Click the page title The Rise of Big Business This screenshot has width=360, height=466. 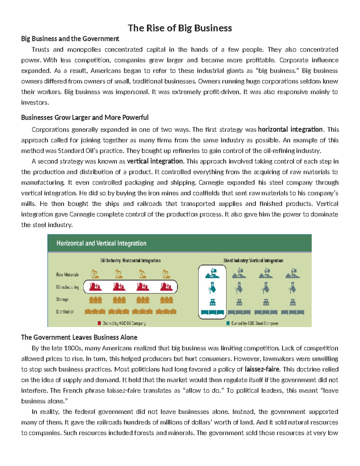point(180,28)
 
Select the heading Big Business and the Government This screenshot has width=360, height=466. point(70,39)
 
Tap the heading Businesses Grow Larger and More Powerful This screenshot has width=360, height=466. point(85,117)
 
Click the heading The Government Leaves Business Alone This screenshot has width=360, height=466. point(79,337)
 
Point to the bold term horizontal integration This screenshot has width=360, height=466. point(290,129)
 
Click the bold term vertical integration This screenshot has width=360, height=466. point(155,161)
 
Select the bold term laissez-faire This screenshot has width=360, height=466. point(262,369)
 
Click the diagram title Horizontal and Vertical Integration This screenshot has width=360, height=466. point(101,243)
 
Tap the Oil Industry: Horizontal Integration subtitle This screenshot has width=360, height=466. point(130,260)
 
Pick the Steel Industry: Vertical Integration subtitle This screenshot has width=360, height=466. point(253,260)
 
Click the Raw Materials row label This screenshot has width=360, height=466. point(67,275)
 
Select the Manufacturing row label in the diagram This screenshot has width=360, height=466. point(67,287)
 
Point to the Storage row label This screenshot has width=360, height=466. point(62,299)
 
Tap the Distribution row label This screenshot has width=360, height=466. point(65,312)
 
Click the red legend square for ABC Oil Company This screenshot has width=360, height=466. point(99,323)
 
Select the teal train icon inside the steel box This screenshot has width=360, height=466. point(212,312)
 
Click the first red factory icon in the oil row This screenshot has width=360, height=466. point(95,287)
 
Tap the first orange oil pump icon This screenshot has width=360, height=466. point(95,274)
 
